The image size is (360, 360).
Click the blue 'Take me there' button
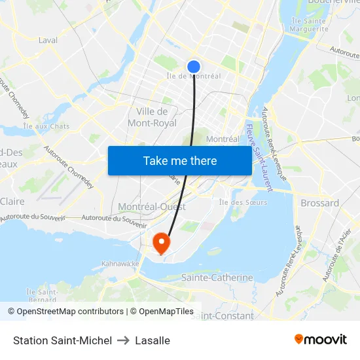(x=179, y=160)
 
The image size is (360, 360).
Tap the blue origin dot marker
(x=194, y=67)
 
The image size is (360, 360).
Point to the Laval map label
(x=48, y=40)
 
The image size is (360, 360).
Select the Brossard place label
(x=319, y=203)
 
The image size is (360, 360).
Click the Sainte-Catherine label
(x=217, y=278)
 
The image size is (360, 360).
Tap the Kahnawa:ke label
(x=121, y=264)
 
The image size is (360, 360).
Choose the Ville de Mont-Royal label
(x=152, y=117)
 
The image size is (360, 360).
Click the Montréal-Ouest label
(x=152, y=207)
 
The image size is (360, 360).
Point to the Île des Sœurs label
(x=242, y=202)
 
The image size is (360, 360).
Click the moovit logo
(x=321, y=340)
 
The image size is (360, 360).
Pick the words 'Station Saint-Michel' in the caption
(x=62, y=340)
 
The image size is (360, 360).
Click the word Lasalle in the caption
(x=153, y=340)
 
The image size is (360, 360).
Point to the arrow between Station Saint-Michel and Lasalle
(x=124, y=340)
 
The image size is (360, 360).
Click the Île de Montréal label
(x=194, y=77)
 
